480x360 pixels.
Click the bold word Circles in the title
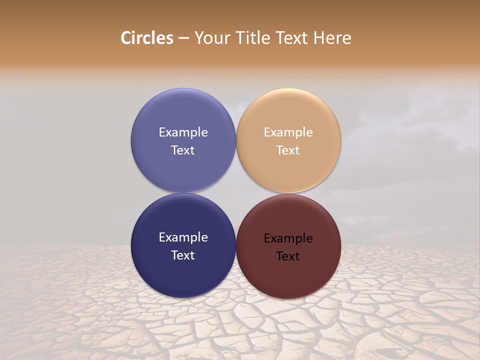[146, 38]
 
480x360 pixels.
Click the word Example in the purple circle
[183, 132]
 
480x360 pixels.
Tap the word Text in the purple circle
[183, 150]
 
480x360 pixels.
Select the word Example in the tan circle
[288, 132]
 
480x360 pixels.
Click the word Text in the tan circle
[288, 150]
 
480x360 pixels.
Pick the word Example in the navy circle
[183, 237]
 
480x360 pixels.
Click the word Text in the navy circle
[183, 255]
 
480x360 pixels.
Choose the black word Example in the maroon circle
[288, 238]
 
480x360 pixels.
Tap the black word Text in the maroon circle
[288, 256]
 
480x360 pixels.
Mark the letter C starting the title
[126, 38]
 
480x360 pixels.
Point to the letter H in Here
[318, 38]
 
